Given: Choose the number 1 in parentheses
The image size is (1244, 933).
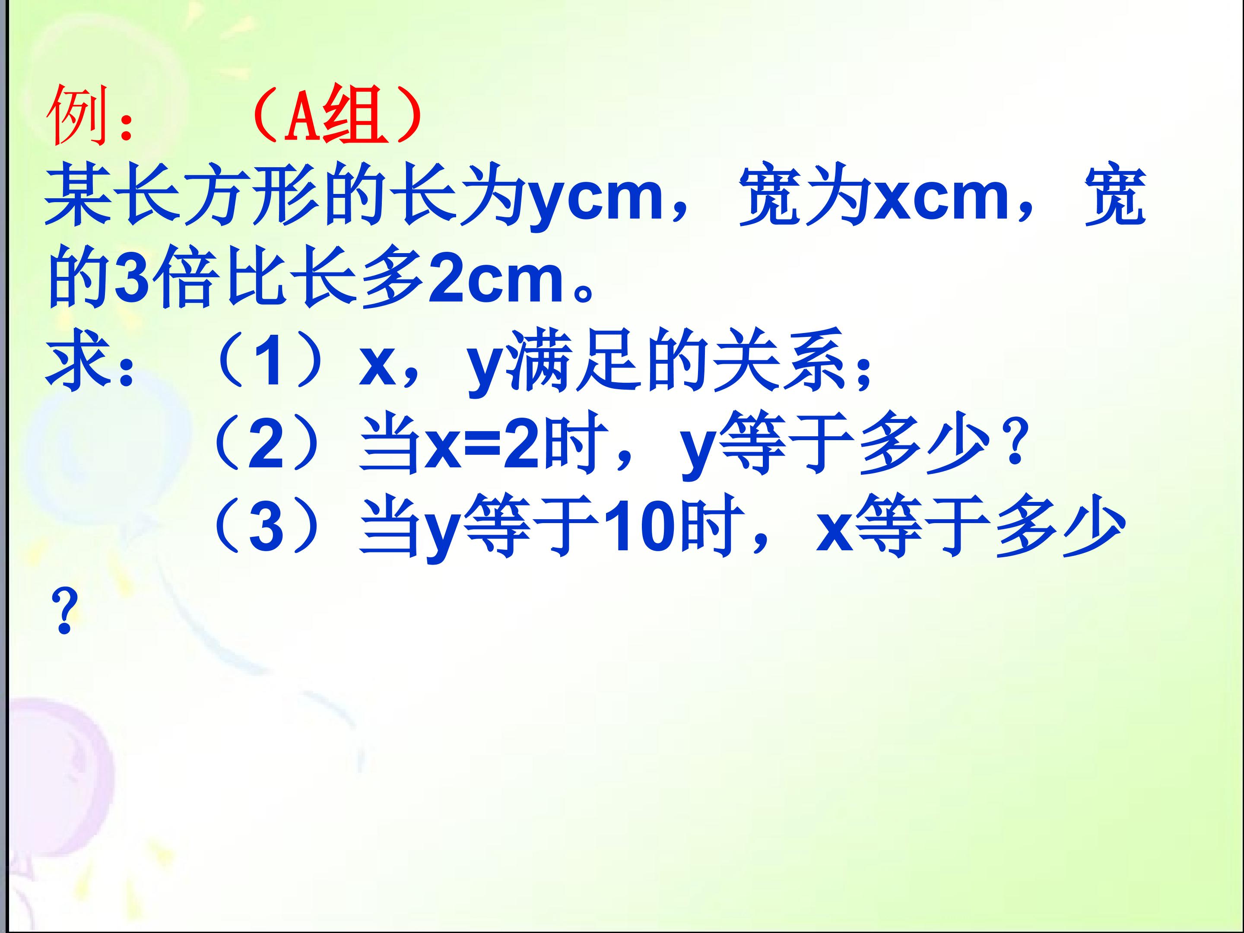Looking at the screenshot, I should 270,363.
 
